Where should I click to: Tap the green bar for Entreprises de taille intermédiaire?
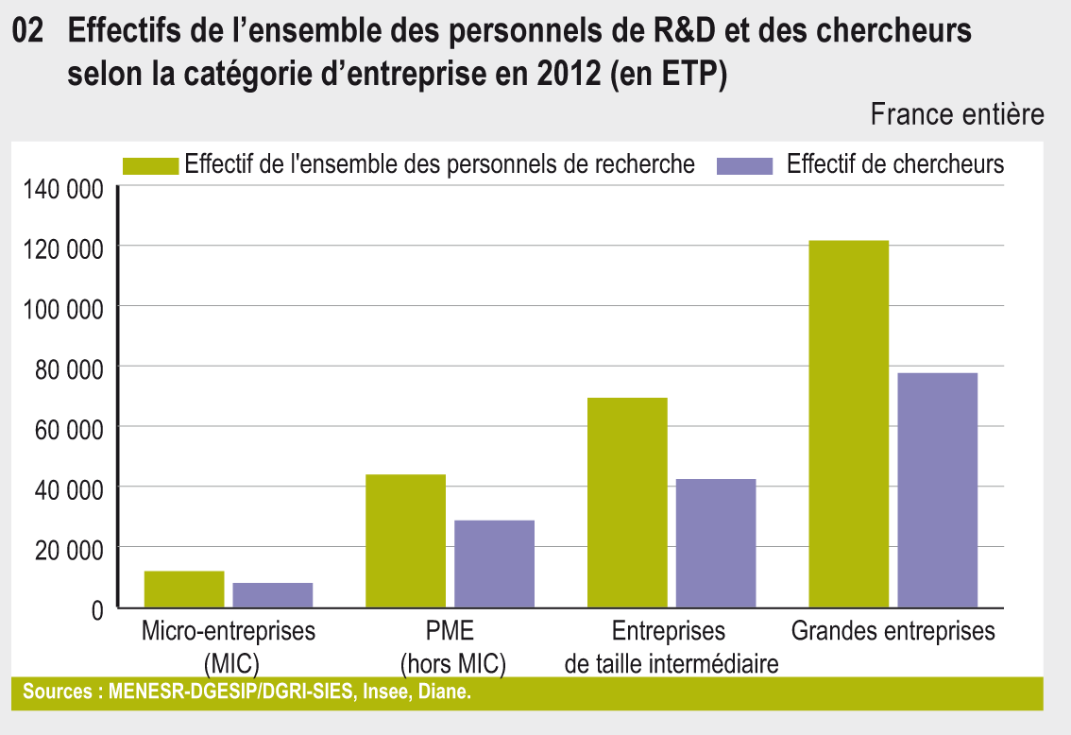[627, 502]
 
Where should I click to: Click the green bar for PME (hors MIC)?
[405, 540]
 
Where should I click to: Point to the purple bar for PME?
[494, 563]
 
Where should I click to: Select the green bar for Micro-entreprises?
[184, 589]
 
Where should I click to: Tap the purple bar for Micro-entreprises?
[273, 594]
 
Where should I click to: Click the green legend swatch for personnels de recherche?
[151, 165]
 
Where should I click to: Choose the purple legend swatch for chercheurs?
[745, 165]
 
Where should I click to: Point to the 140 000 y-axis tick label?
[59, 190]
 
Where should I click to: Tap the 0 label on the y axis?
[96, 609]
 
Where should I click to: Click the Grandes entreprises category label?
[892, 631]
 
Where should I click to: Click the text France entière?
[957, 115]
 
